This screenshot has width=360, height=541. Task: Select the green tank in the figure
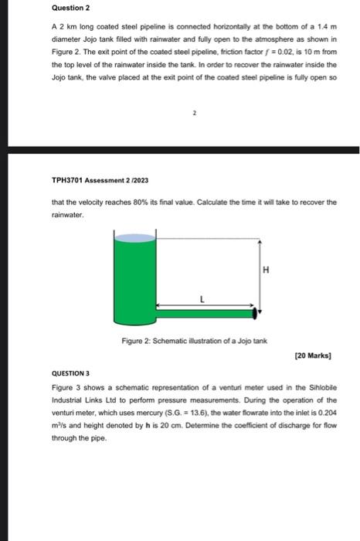pos(134,278)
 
